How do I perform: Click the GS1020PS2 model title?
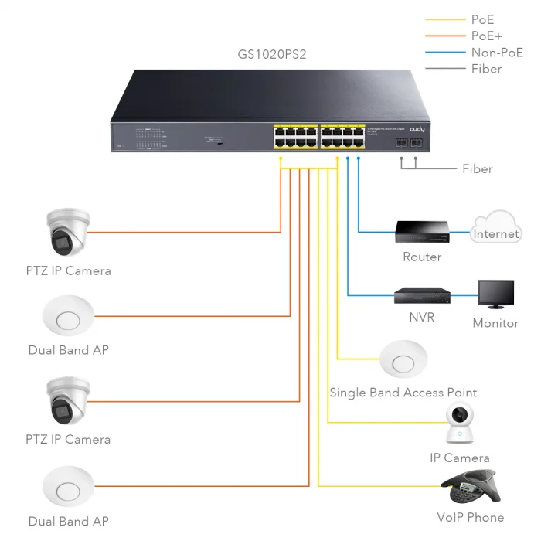[x=273, y=54]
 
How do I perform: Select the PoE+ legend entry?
[x=488, y=36]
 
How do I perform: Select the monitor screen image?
[x=495, y=295]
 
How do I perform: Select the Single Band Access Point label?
[x=403, y=393]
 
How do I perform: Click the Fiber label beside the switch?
[x=477, y=168]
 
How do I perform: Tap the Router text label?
[x=422, y=257]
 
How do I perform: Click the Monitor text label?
[x=495, y=323]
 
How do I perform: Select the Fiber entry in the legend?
[x=486, y=69]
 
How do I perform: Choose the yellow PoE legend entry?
[x=483, y=20]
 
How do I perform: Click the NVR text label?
[x=421, y=318]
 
